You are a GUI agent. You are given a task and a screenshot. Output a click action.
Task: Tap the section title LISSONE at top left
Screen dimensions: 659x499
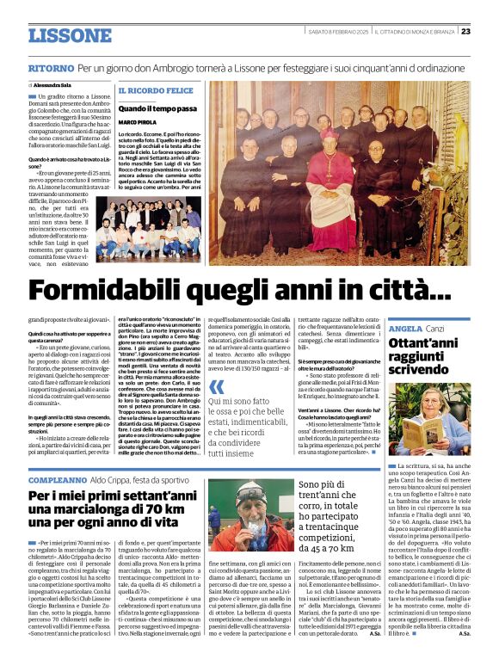tap(70, 35)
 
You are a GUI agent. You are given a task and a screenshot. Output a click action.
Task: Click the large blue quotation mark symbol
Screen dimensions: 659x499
tap(217, 386)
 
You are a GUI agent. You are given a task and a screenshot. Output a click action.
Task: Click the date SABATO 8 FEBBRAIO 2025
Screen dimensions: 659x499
tap(338, 31)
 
